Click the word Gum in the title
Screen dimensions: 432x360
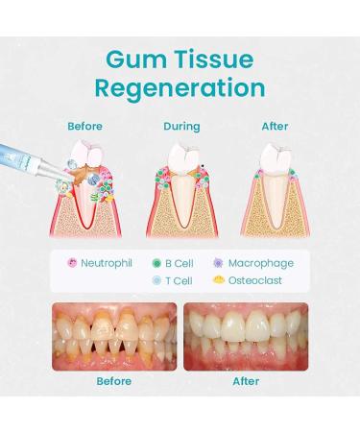tap(130, 60)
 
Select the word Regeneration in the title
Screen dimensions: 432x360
tap(180, 89)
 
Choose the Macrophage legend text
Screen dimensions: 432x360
tap(261, 263)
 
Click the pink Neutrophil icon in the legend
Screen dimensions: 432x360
tap(71, 263)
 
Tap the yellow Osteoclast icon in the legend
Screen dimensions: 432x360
tap(220, 281)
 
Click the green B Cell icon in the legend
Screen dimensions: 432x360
tap(156, 263)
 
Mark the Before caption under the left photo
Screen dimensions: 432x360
tap(113, 381)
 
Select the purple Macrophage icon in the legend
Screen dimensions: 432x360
tap(220, 263)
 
